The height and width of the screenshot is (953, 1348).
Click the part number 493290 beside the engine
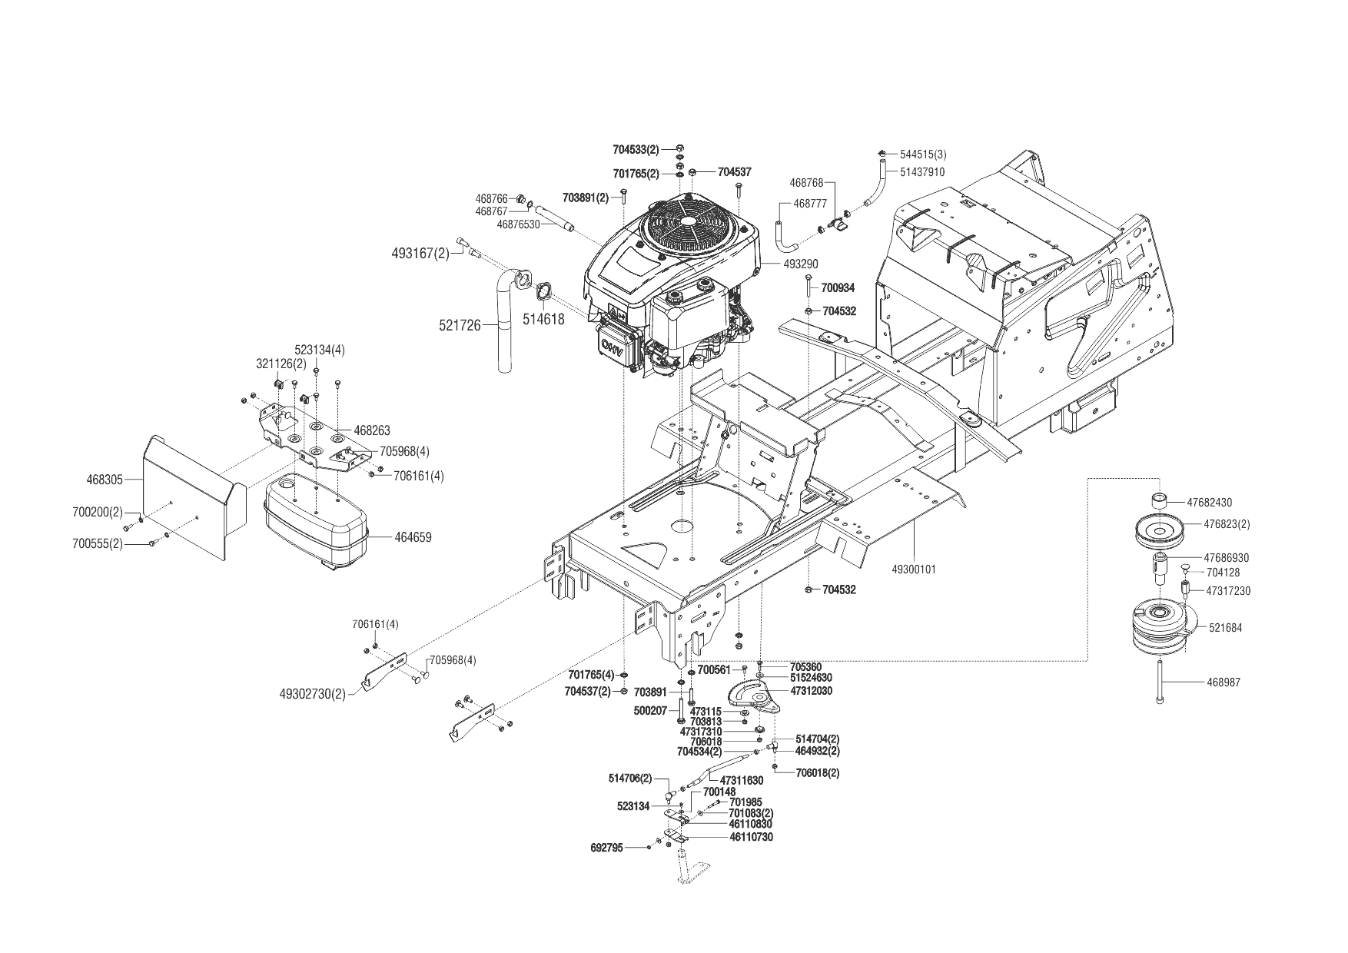coord(801,264)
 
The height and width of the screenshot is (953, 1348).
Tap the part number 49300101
coord(914,569)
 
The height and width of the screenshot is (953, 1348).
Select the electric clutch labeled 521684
coord(1162,627)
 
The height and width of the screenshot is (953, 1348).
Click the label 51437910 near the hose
coord(921,172)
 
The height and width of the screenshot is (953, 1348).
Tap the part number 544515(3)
coord(922,154)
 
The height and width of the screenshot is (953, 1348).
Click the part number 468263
coord(372,430)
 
